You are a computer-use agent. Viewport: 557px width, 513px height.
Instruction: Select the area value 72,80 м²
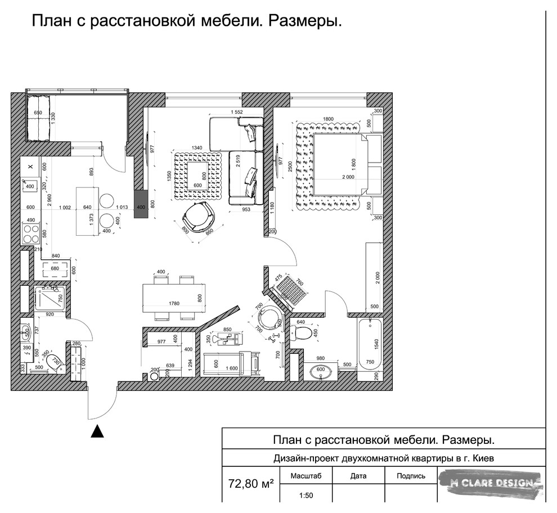(251, 483)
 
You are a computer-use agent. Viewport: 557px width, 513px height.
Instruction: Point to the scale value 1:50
(306, 496)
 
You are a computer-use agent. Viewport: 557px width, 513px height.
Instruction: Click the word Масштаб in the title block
(306, 476)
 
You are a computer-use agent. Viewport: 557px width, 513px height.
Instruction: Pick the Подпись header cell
(411, 476)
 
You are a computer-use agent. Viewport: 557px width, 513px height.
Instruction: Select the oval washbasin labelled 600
(320, 372)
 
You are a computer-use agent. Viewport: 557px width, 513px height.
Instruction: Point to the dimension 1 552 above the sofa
(236, 112)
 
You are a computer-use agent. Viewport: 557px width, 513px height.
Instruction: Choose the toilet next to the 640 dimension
(302, 334)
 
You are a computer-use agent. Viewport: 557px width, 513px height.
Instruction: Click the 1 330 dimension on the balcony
(52, 119)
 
